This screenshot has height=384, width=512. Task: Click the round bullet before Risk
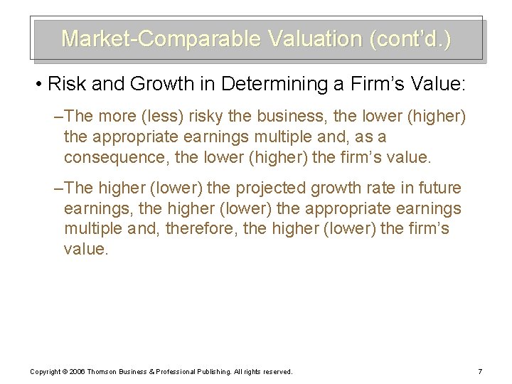(x=37, y=85)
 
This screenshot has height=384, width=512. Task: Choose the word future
(x=437, y=188)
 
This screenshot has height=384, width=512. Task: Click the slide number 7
(x=480, y=371)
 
